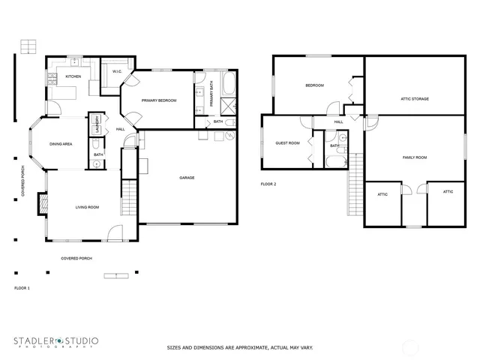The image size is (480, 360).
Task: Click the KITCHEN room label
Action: [73, 76]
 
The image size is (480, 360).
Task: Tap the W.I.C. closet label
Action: [116, 72]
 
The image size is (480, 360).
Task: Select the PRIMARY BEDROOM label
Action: [159, 100]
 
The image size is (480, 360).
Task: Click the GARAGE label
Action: [187, 178]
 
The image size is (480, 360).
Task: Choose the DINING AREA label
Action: [61, 143]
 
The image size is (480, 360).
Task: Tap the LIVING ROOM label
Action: [86, 207]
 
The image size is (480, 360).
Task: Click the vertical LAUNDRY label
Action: [97, 123]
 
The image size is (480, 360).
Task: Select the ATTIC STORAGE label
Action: [415, 99]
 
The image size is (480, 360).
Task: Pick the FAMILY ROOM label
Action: [414, 157]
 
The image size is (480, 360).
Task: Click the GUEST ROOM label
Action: [287, 142]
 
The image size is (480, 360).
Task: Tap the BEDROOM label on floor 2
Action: [314, 85]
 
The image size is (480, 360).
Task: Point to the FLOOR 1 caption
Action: [22, 288]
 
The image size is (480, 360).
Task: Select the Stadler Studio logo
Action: [55, 342]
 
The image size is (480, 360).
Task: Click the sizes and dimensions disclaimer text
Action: [239, 347]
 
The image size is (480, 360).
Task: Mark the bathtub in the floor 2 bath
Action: [334, 161]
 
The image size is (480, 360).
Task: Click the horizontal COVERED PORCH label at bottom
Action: [77, 258]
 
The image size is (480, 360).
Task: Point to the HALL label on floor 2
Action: [338, 121]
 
